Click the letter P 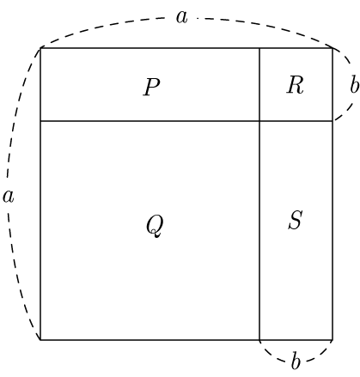(151, 87)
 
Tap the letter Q (155, 226)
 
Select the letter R (295, 85)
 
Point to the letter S (296, 220)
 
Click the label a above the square (181, 17)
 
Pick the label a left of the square (8, 197)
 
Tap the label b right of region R (354, 84)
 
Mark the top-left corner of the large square (40, 48)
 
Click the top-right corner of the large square (333, 48)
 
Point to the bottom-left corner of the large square (40, 340)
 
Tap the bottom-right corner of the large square (333, 340)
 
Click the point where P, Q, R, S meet (259, 121)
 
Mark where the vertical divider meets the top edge (259, 48)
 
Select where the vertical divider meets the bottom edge (259, 340)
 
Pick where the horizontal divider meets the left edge (40, 121)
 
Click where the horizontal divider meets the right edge (333, 121)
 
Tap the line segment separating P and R (259, 85)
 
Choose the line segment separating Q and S (259, 230)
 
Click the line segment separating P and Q (150, 121)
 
